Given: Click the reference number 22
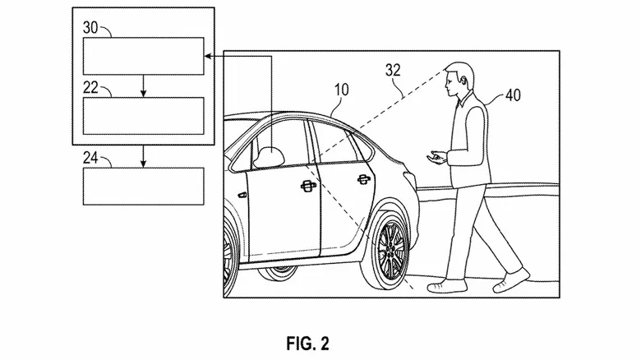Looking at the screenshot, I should pos(91,85).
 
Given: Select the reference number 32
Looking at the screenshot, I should pos(394,71).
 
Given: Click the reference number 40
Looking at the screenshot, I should pos(512,95).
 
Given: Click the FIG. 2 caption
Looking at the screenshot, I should pos(309,340).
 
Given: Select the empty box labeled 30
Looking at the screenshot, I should pos(143,56).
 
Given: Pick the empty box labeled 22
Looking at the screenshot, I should pos(143,115).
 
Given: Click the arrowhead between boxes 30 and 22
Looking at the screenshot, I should pos(143,93).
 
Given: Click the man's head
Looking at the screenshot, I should pos(455,78).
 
